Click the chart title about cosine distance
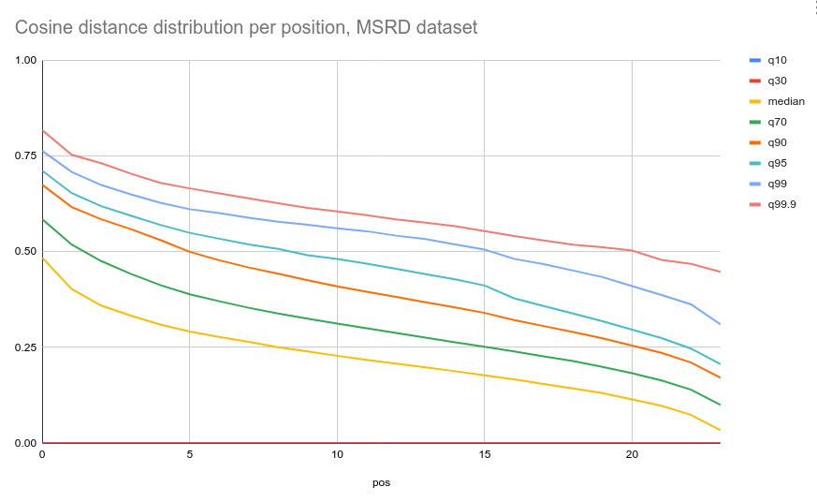point(245,27)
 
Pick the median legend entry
point(785,101)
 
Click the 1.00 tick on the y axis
point(25,61)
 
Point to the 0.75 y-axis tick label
point(25,156)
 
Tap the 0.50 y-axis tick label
point(25,252)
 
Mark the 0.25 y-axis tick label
point(25,347)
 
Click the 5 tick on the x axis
point(190,454)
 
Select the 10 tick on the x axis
point(337,454)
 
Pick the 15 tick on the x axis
point(484,454)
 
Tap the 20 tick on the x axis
point(632,454)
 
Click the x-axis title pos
point(381,483)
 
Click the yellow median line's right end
point(720,430)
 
